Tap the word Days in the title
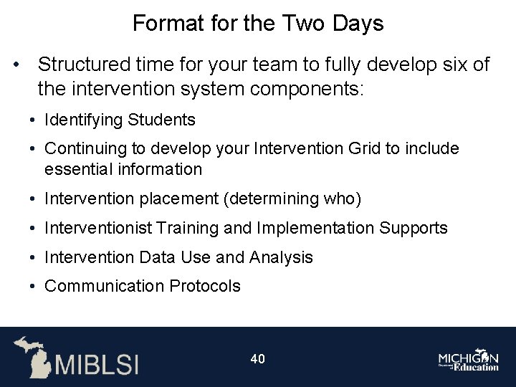click(x=358, y=24)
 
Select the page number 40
click(x=258, y=358)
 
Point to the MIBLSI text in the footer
click(x=97, y=363)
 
